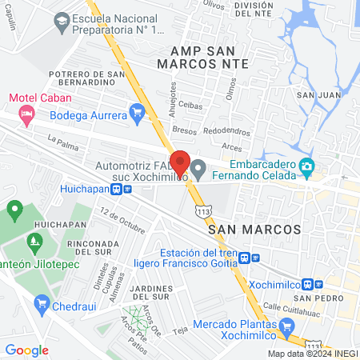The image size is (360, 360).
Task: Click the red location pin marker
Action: coord(180,162)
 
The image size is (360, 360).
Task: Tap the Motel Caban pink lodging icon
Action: coord(26,113)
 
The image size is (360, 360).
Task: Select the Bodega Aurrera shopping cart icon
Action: coord(138,114)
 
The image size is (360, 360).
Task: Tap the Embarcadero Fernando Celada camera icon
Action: coord(306,167)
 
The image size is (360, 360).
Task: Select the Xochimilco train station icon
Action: coord(318,283)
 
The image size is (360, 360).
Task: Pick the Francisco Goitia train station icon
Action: coord(254,258)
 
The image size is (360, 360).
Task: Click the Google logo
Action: coord(26,350)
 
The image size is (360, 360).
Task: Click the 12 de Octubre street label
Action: coord(122,218)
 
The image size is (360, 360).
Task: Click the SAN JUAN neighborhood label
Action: coord(315,94)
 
